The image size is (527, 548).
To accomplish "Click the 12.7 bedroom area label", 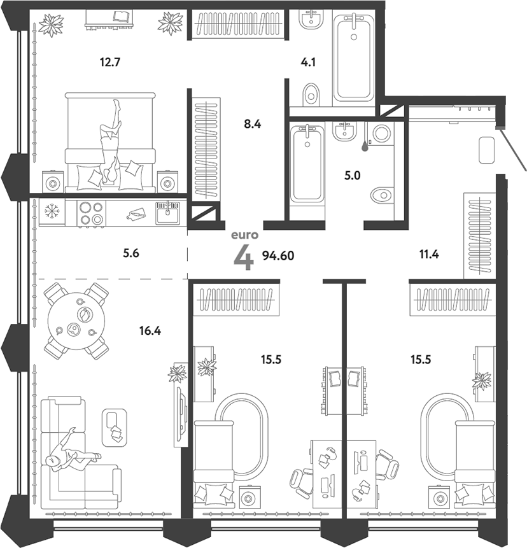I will pyautogui.click(x=110, y=62).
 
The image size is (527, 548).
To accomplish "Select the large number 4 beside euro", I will pyautogui.click(x=244, y=257).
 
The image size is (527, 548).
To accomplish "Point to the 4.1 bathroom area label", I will pyautogui.click(x=309, y=62).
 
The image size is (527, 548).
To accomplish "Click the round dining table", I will pyautogui.click(x=77, y=321).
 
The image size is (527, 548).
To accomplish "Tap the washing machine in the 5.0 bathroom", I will pyautogui.click(x=382, y=135).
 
